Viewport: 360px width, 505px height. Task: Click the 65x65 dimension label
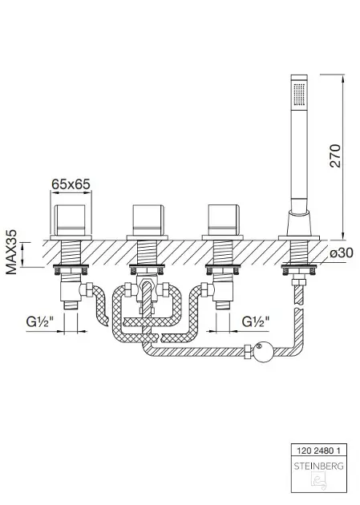(71, 184)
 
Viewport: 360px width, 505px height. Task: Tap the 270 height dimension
(335, 156)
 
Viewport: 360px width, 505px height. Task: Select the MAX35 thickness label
(11, 252)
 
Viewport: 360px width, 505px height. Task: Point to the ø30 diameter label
(342, 252)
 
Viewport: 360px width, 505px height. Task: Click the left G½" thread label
(39, 321)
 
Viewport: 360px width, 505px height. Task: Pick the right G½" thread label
(256, 321)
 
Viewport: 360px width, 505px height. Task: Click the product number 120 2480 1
(318, 450)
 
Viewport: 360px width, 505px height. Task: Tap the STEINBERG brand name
(318, 466)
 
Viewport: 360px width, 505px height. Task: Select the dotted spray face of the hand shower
(299, 95)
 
